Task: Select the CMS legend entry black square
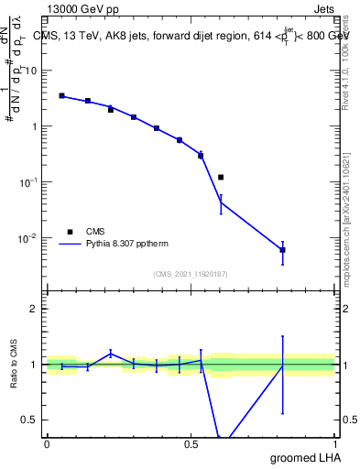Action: coord(69,232)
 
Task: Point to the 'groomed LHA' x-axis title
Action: coord(303,457)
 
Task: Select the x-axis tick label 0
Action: coord(47,443)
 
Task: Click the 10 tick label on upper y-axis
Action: coord(31,71)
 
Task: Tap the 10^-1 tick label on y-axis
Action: coord(28,182)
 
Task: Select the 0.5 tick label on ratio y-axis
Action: coord(32,420)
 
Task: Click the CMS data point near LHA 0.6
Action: coord(221,177)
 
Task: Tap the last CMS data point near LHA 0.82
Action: coord(283,249)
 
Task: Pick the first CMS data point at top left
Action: coord(61,95)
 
